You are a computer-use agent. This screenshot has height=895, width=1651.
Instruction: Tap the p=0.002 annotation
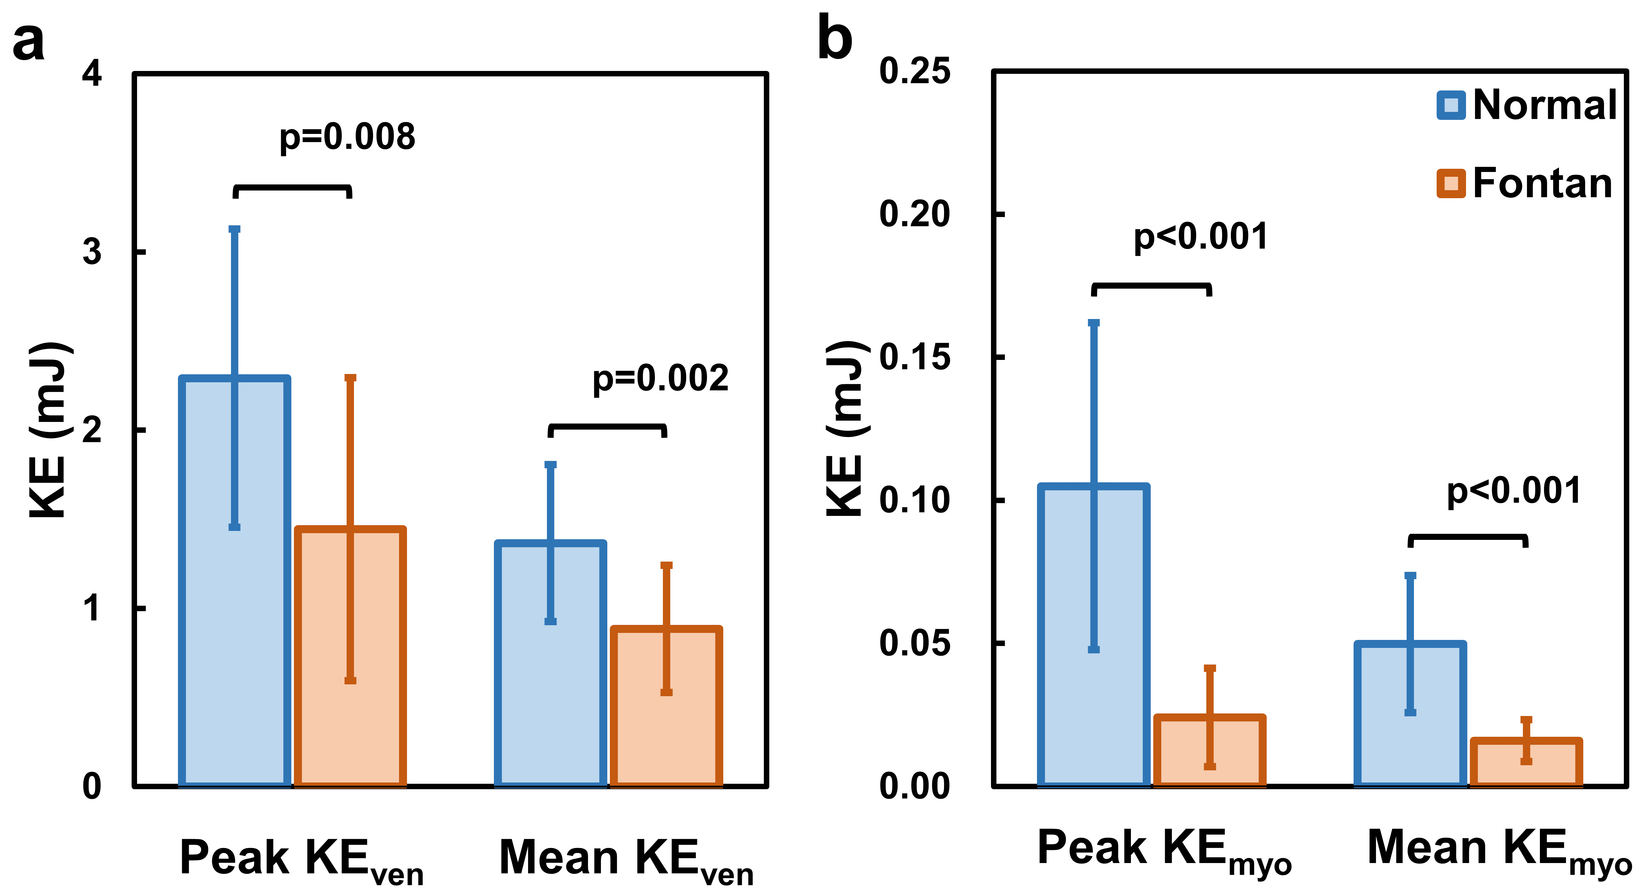click(660, 378)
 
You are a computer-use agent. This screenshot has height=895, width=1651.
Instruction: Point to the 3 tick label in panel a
click(92, 252)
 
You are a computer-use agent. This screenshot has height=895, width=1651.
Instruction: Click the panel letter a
click(29, 42)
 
